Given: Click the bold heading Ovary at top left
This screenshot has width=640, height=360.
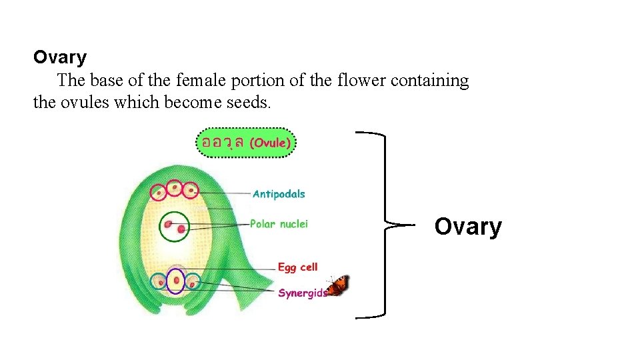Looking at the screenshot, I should point(60,57).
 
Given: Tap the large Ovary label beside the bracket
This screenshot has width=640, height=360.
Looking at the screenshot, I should point(468,227).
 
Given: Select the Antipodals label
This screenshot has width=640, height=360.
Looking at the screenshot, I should point(279,194).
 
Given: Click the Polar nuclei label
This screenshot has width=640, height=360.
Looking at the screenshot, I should point(279,224).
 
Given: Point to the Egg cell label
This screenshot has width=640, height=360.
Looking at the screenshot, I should point(297,267).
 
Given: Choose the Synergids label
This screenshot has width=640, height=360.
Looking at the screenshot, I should point(303,293).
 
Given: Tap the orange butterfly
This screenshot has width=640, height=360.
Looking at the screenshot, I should point(338,286).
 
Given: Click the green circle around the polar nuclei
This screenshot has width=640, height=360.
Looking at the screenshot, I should point(175,227).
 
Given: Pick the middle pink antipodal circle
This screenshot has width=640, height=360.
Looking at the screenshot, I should point(175,189).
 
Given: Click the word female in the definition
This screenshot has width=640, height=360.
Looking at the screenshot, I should point(201,81).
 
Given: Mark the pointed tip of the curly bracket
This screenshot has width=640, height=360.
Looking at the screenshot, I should point(387,225).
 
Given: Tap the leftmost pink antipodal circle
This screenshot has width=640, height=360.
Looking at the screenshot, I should point(159,193).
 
